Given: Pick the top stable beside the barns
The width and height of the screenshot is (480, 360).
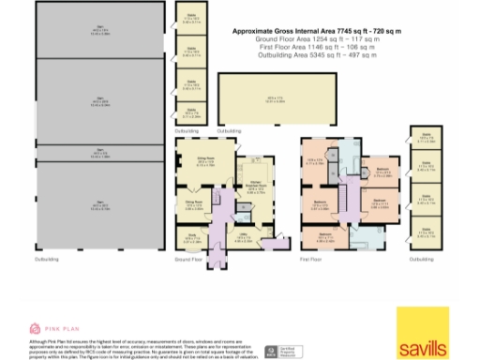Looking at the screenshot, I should pyautogui.click(x=191, y=17).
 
